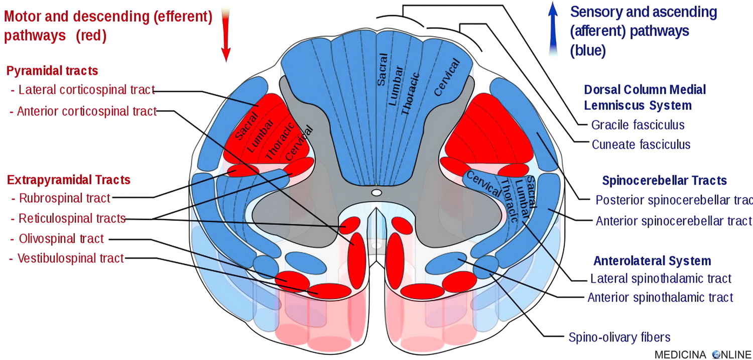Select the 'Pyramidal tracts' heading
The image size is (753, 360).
52,70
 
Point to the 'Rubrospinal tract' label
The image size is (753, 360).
64,198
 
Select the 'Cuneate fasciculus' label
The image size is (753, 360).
641,145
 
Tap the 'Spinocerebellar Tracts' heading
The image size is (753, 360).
664,180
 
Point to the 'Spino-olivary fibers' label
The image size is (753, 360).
619,337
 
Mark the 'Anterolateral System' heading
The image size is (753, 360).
652,261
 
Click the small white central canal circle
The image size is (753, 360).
376,192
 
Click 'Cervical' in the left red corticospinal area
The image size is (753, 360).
299,143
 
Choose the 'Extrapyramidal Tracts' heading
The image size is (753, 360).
69,179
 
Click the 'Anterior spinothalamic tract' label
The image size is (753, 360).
660,297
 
